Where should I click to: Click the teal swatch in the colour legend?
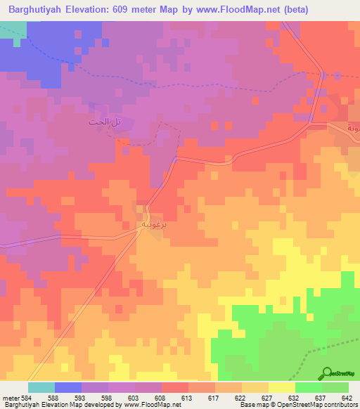tap(41, 387)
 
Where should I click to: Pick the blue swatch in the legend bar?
tap(68, 387)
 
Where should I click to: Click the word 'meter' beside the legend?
tap(11, 397)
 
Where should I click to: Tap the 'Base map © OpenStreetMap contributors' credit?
tap(298, 405)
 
